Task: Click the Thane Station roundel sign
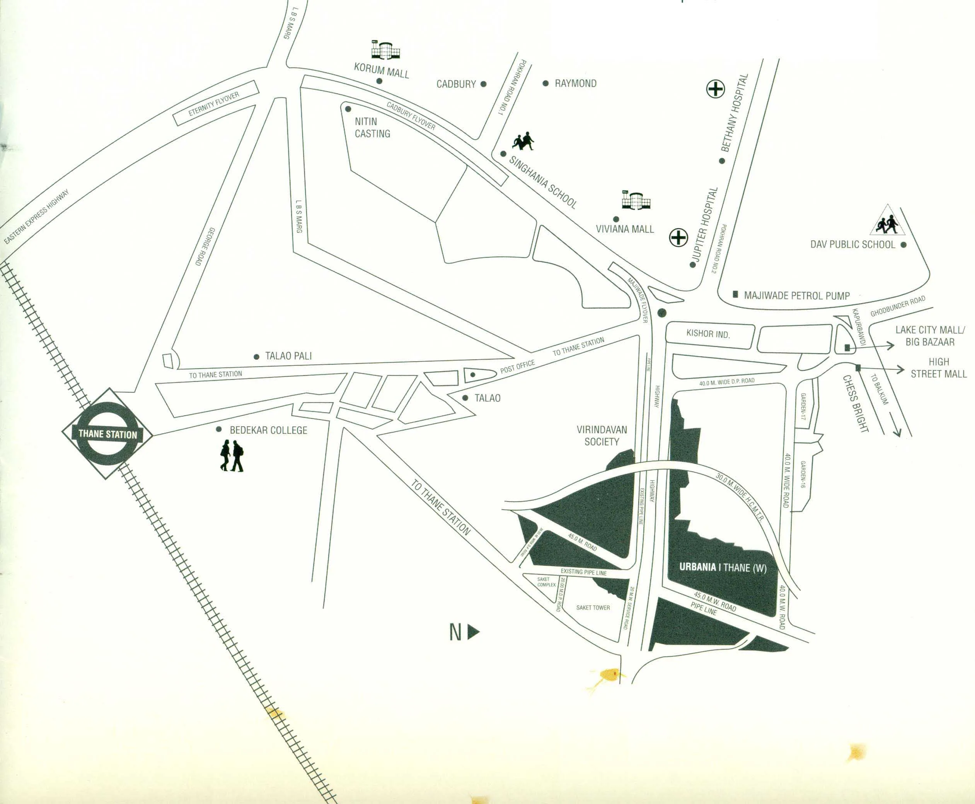pyautogui.click(x=107, y=434)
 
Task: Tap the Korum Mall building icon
pyautogui.click(x=385, y=50)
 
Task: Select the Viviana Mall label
pyautogui.click(x=624, y=229)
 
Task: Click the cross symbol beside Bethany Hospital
pyautogui.click(x=715, y=89)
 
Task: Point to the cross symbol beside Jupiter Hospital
pyautogui.click(x=679, y=237)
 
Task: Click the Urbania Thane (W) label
pyautogui.click(x=723, y=567)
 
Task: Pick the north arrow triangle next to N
pyautogui.click(x=473, y=632)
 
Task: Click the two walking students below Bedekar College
pyautogui.click(x=232, y=456)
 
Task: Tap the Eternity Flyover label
pyautogui.click(x=213, y=105)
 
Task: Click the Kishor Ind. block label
pyautogui.click(x=708, y=334)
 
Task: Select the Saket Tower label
pyautogui.click(x=593, y=608)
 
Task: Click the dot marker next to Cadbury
pyautogui.click(x=483, y=84)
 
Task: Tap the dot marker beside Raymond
pyautogui.click(x=545, y=84)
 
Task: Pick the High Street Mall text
pyautogui.click(x=938, y=368)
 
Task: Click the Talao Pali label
pyautogui.click(x=288, y=356)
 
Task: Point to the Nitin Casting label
pyautogui.click(x=372, y=127)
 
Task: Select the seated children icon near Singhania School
pyautogui.click(x=523, y=141)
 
